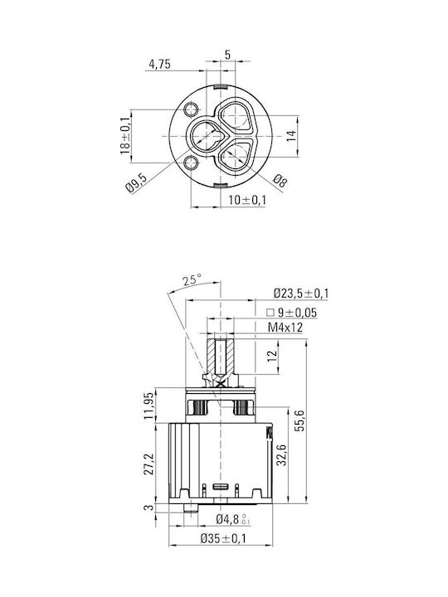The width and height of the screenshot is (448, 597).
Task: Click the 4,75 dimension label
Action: tap(159, 65)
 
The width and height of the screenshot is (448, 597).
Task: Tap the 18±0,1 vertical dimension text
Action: tap(126, 136)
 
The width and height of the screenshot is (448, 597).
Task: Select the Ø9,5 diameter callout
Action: tap(136, 182)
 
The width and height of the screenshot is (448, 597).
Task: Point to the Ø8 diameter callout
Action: tap(280, 181)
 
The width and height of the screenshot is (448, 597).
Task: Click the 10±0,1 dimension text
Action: tap(247, 200)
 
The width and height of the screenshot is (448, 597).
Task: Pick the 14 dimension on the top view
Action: tap(290, 136)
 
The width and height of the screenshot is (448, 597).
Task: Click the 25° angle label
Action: tap(192, 280)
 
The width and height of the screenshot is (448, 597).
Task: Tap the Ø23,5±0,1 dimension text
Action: tap(301, 294)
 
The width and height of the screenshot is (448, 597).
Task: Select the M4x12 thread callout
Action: tap(285, 327)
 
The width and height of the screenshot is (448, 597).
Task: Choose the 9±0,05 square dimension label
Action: tap(293, 313)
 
